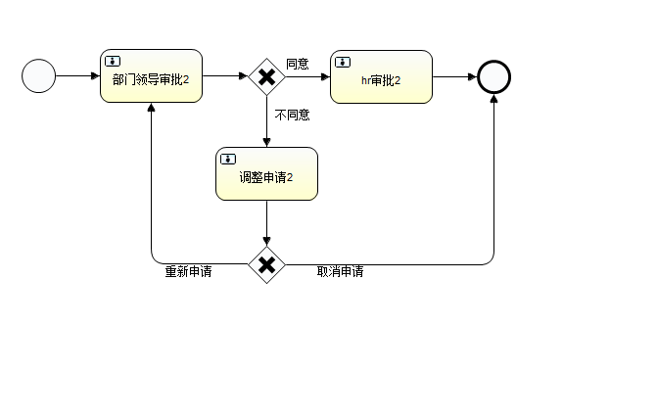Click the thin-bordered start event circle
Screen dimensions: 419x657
point(39,75)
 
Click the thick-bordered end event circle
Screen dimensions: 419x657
point(494,75)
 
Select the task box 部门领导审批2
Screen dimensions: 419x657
point(151,76)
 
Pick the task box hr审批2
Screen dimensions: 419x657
point(381,76)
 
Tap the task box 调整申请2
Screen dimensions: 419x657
point(266,174)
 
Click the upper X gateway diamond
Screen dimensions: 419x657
point(266,75)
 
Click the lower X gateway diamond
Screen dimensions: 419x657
point(266,264)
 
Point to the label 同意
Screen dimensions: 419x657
point(298,64)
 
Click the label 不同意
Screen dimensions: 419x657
point(292,115)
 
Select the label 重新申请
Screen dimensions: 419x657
point(188,271)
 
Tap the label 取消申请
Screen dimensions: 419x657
point(340,271)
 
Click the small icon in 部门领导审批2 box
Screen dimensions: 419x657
point(113,62)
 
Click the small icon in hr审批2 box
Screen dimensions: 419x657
point(343,62)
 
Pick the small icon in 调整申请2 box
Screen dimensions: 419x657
point(228,160)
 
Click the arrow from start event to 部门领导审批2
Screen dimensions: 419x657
point(78,75)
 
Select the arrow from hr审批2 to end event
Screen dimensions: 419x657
point(455,75)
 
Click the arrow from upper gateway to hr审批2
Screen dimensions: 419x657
point(308,75)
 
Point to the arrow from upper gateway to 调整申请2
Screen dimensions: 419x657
point(266,121)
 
